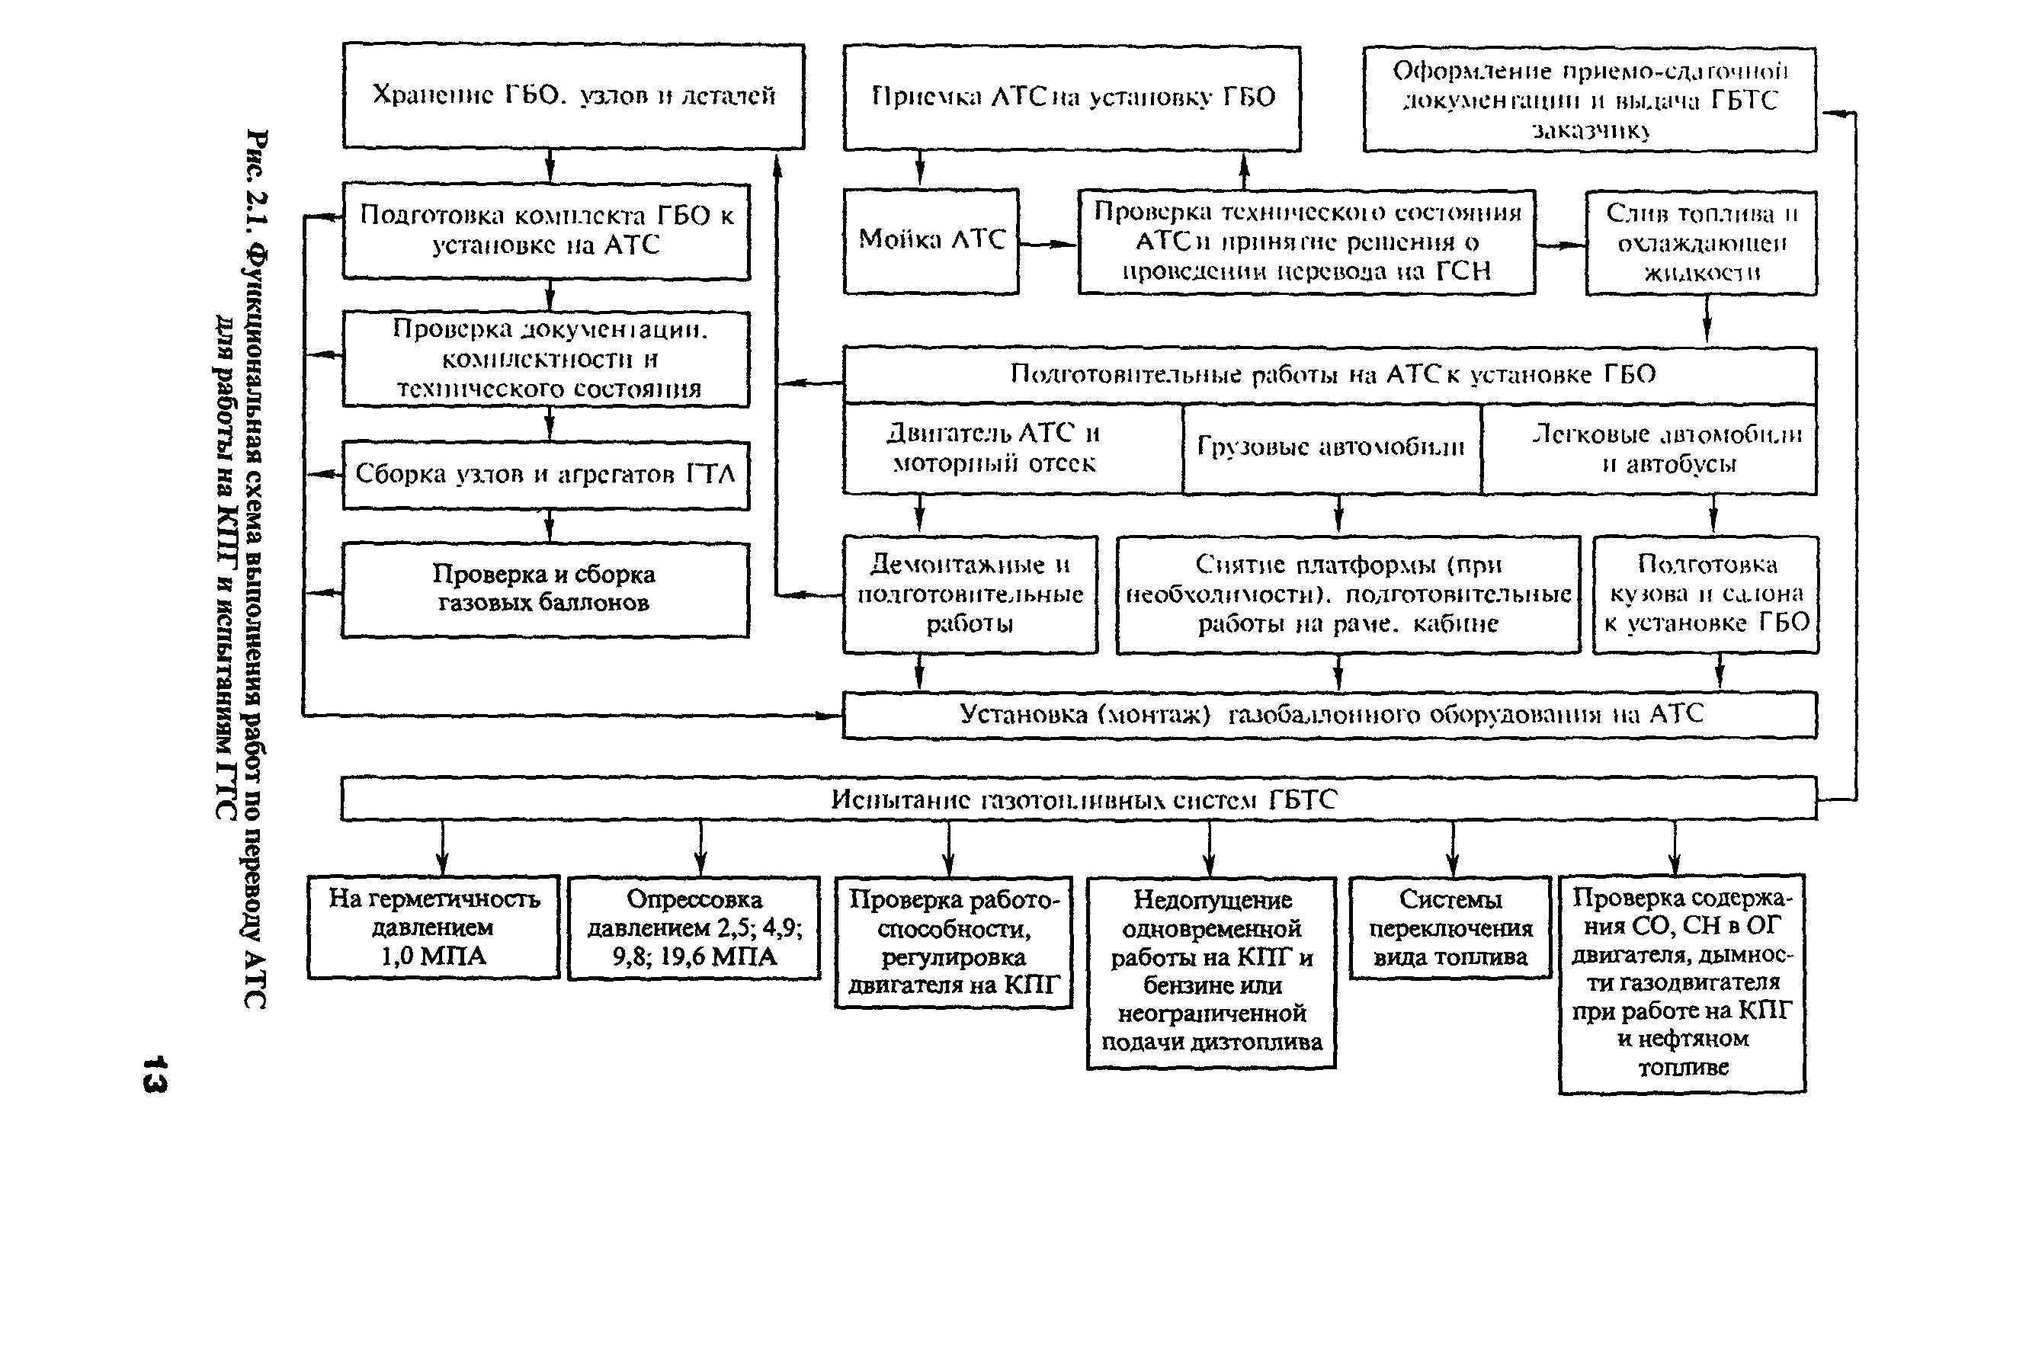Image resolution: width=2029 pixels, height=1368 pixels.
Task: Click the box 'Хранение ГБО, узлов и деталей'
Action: pos(573,96)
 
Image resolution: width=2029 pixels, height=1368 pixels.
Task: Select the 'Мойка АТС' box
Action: pos(931,241)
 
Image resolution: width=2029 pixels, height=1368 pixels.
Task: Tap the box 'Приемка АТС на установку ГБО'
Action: pos(1072,98)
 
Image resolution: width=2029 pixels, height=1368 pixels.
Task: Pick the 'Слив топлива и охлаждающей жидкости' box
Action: pos(1701,242)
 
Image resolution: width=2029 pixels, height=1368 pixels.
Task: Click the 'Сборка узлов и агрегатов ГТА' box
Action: pos(545,475)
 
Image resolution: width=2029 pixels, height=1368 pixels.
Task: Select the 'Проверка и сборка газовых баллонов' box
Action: pos(544,589)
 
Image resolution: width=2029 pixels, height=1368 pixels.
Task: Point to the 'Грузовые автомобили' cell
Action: pos(1331,448)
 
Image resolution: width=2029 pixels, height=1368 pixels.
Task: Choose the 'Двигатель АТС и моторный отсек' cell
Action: pos(995,448)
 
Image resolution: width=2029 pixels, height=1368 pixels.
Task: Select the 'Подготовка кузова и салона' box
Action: pos(1705,594)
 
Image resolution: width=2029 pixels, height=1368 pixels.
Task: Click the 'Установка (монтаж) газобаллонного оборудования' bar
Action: pos(1329,715)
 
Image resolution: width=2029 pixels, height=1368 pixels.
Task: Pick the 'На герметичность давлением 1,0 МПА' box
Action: pos(434,927)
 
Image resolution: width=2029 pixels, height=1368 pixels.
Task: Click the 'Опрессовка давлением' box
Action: pos(694,927)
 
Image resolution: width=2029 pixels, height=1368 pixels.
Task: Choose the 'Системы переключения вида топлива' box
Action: pos(1450,927)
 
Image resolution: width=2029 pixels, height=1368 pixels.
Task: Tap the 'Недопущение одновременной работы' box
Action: pos(1211,972)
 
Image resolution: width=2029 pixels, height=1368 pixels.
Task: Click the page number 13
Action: pos(155,1074)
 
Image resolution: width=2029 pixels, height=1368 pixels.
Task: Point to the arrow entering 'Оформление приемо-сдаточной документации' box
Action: pos(1835,114)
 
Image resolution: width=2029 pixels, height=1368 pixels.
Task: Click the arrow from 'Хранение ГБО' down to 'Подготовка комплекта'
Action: pos(550,166)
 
